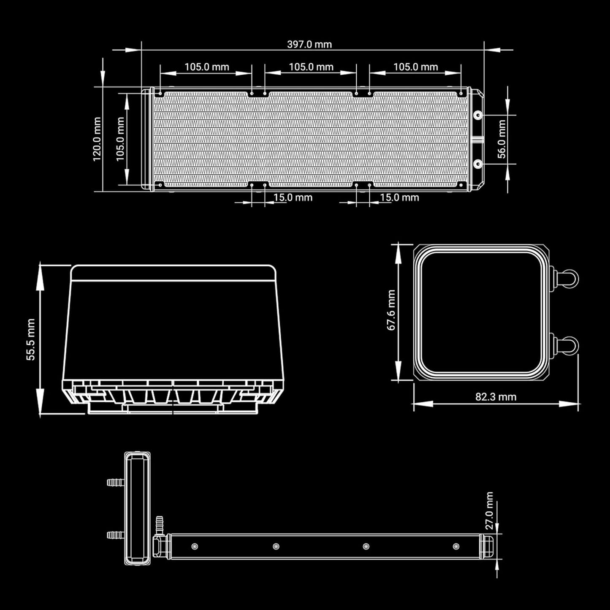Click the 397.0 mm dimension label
click(x=309, y=44)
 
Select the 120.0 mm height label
click(x=97, y=139)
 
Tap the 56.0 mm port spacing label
click(x=502, y=139)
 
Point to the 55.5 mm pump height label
click(x=31, y=339)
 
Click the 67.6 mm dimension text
click(x=391, y=310)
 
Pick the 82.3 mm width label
click(x=496, y=397)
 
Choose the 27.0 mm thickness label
click(x=489, y=510)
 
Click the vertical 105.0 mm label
click(x=120, y=139)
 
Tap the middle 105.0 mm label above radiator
click(x=311, y=67)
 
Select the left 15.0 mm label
click(x=293, y=197)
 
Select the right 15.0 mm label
click(x=399, y=197)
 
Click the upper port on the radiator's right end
click(x=478, y=115)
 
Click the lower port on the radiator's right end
click(x=478, y=163)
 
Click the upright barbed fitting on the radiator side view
click(x=160, y=525)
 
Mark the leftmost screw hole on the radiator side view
click(x=194, y=546)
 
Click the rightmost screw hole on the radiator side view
click(x=456, y=546)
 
